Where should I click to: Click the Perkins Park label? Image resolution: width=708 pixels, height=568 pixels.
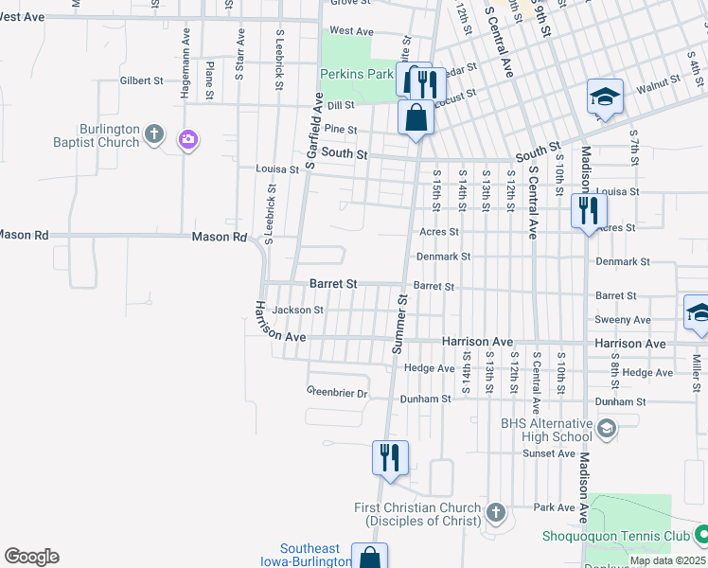click(356, 73)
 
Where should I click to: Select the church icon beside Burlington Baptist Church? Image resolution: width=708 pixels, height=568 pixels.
click(156, 133)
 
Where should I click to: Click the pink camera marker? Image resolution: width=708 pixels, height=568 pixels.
click(188, 140)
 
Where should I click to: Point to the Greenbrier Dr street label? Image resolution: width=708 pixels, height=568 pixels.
click(336, 392)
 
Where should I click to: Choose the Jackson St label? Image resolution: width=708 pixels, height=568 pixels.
click(297, 310)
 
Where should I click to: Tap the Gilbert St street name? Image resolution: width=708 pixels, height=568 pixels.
click(142, 81)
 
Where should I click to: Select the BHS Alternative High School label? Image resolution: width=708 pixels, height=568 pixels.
click(544, 430)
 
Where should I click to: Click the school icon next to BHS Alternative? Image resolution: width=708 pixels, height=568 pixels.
click(607, 430)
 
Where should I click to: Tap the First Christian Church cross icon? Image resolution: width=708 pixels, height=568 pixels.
click(495, 514)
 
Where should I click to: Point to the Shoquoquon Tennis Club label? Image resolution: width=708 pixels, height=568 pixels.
click(615, 536)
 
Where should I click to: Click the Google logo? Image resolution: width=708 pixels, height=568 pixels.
click(31, 557)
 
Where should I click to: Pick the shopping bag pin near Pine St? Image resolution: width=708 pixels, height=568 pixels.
click(416, 118)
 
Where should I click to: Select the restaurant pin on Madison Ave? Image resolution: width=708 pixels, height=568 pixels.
click(589, 210)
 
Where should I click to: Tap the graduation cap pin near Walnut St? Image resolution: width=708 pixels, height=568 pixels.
click(605, 97)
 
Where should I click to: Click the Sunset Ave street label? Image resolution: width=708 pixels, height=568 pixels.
click(549, 453)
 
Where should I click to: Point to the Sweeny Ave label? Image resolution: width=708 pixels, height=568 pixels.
click(622, 320)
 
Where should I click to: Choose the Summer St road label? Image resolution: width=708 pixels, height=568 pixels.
click(400, 324)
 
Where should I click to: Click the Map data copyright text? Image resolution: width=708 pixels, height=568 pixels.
click(667, 560)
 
